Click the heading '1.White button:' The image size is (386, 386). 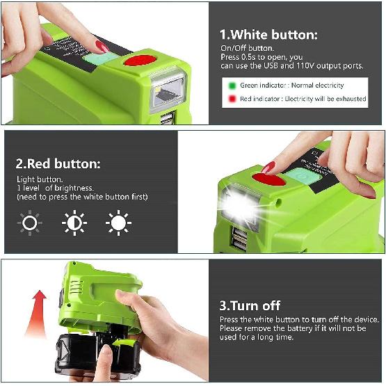click(x=268, y=34)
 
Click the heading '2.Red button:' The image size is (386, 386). click(x=58, y=164)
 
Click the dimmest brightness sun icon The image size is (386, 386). click(x=29, y=223)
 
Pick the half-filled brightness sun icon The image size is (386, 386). click(x=74, y=223)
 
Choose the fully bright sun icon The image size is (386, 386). click(x=118, y=223)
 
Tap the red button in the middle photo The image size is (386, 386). click(x=268, y=178)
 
